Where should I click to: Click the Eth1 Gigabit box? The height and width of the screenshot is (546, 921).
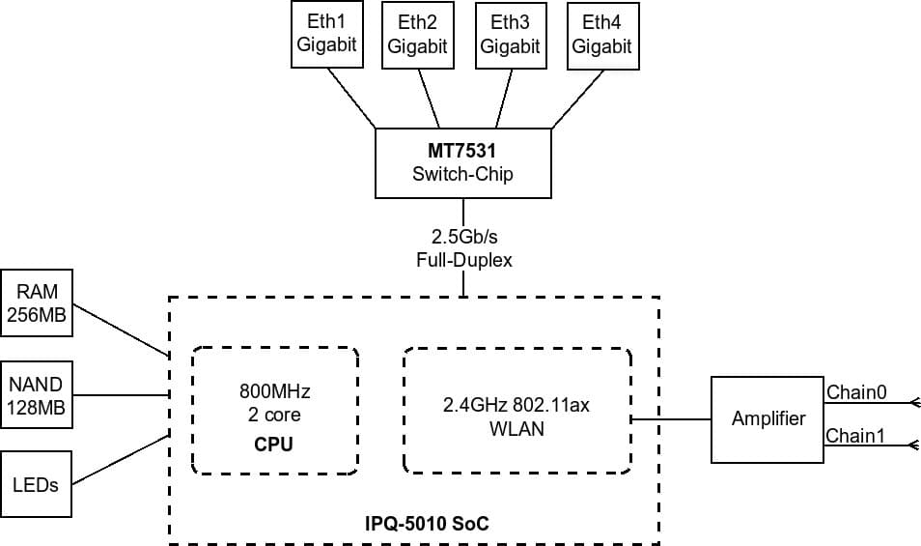327,35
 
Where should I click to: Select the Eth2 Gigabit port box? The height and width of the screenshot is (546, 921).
418,35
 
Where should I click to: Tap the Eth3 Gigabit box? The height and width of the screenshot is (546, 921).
510,35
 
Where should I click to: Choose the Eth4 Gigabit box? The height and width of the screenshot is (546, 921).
601,35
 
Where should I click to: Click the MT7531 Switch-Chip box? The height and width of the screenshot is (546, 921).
463,163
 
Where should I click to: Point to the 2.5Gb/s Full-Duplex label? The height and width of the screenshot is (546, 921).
463,248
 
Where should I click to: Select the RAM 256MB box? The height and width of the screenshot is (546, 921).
37,303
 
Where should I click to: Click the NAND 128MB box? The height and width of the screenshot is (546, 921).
37,395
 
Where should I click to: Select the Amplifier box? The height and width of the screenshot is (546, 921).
767,419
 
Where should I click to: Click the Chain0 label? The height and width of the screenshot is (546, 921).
856,392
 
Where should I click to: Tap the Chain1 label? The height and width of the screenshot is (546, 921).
855,436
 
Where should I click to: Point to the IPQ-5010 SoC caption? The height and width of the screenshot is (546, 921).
426,524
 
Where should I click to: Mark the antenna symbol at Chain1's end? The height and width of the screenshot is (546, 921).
913,445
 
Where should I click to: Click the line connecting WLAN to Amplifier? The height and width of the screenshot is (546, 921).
671,419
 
